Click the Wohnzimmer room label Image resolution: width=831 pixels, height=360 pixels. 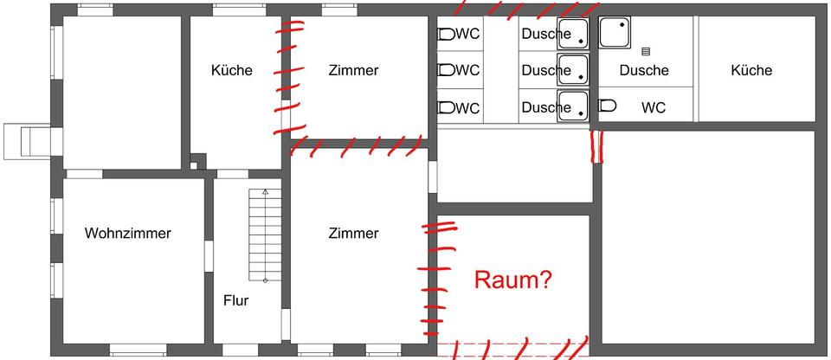(x=128, y=233)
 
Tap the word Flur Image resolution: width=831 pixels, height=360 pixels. (x=235, y=301)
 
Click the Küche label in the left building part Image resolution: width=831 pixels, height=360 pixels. (x=232, y=70)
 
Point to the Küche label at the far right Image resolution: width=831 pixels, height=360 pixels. (x=750, y=70)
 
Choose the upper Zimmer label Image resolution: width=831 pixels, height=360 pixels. (x=353, y=70)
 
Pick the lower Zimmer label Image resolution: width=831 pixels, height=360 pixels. (x=353, y=233)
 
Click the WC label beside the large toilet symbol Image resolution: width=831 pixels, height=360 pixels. (x=654, y=108)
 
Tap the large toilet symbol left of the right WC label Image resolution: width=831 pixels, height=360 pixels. (x=608, y=106)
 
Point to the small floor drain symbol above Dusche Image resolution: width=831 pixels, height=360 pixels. (x=645, y=52)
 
